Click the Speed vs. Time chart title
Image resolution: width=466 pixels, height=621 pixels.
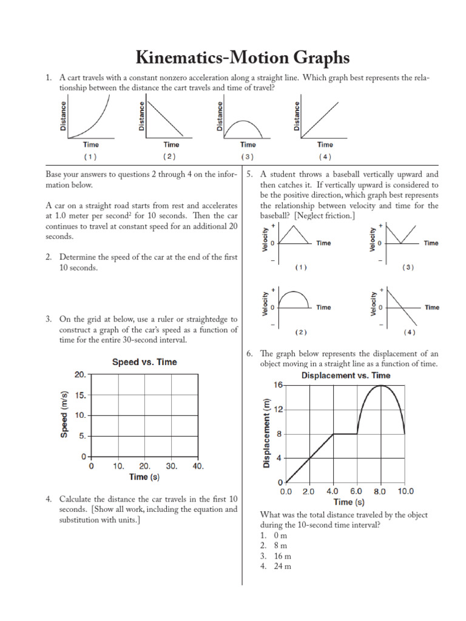[144, 362]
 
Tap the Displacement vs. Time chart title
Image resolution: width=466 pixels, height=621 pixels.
[346, 375]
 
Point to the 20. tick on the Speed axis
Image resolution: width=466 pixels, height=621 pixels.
[81, 375]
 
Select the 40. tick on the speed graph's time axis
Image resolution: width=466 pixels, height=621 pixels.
[198, 466]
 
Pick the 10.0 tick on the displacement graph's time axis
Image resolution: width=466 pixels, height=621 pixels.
[405, 491]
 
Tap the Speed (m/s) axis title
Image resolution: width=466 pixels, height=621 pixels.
[65, 415]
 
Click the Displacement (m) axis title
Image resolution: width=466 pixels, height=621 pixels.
[267, 434]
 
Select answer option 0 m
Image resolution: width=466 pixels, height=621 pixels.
[280, 535]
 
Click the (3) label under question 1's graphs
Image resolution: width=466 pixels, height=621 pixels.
[248, 156]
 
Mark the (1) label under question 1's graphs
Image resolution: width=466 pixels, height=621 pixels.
[90, 156]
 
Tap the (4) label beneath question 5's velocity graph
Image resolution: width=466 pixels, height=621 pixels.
[409, 332]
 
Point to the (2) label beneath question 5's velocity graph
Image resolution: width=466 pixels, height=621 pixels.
[301, 332]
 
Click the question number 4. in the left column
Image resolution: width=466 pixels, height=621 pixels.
[49, 498]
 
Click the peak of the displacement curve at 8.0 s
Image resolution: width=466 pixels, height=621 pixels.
[381, 385]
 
